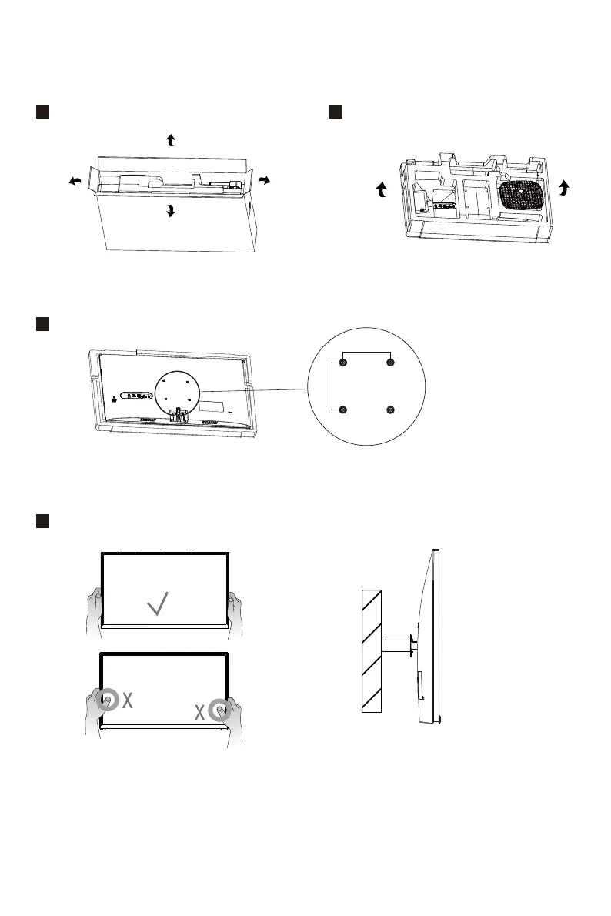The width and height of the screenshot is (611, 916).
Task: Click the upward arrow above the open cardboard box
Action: pyautogui.click(x=171, y=139)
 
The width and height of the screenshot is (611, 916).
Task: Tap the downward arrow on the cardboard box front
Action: pyautogui.click(x=171, y=210)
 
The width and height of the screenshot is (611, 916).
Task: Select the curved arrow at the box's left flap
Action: pyautogui.click(x=75, y=180)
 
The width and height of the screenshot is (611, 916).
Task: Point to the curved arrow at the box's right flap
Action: pyautogui.click(x=264, y=180)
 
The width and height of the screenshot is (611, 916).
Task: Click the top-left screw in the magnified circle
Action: pyautogui.click(x=343, y=363)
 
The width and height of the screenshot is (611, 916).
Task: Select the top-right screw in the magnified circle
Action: pyautogui.click(x=390, y=363)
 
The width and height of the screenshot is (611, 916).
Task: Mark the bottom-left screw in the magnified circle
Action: pyautogui.click(x=343, y=410)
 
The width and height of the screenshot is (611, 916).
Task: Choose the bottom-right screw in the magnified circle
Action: pyautogui.click(x=390, y=410)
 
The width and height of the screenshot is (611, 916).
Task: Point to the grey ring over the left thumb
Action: pyautogui.click(x=107, y=700)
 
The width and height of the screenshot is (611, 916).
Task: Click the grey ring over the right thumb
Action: pyautogui.click(x=222, y=712)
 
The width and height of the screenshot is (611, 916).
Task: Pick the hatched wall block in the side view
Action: pyautogui.click(x=372, y=651)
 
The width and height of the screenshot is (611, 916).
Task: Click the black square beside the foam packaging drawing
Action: pyautogui.click(x=335, y=112)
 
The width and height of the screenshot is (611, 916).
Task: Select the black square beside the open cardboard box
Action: pyautogui.click(x=42, y=112)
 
